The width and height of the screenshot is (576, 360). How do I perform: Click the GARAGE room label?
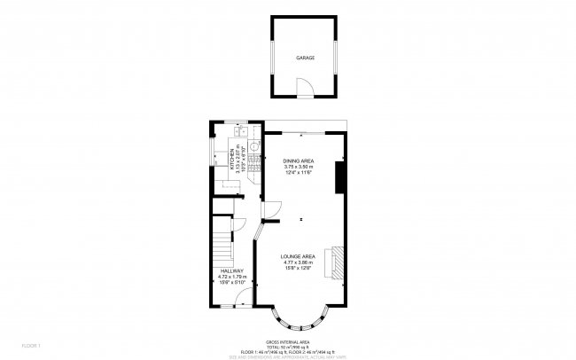pyautogui.click(x=305, y=58)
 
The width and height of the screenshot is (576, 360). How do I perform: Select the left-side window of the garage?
pyautogui.click(x=271, y=57)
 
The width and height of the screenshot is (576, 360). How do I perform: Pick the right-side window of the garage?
pyautogui.click(x=339, y=57)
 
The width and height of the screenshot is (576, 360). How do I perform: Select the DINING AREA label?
pyautogui.click(x=300, y=160)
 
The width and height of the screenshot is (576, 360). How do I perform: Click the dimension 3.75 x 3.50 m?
pyautogui.click(x=300, y=167)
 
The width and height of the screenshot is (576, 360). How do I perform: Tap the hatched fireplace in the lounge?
pyautogui.click(x=330, y=263)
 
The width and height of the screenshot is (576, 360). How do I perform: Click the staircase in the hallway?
pyautogui.click(x=221, y=239)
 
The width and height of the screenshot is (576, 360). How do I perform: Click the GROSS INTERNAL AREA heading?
pyautogui.click(x=288, y=340)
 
